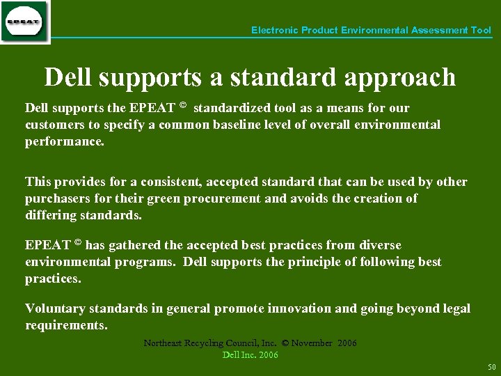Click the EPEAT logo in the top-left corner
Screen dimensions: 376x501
[x=24, y=22]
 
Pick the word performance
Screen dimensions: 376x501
[x=63, y=141]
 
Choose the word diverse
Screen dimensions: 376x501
[x=379, y=245]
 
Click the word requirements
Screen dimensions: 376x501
[x=65, y=325]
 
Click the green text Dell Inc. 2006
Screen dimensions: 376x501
[x=250, y=354]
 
